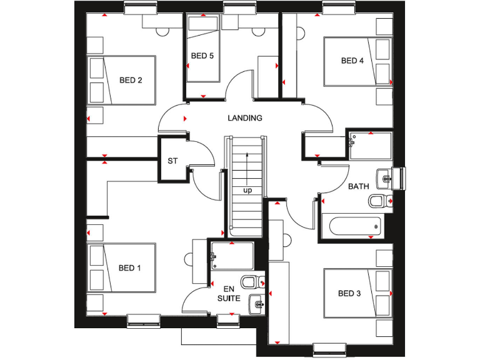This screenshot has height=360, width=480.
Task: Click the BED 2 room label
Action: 131,80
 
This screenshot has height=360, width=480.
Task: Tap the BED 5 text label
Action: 202,56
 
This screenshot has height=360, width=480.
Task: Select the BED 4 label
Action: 352,61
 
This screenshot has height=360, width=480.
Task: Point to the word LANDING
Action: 245,117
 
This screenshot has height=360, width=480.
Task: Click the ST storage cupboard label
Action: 172,161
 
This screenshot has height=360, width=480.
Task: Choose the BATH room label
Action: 359,186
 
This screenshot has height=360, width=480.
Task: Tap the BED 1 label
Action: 130,268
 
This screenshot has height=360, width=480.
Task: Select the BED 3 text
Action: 349,293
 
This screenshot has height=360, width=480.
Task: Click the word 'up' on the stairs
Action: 247,191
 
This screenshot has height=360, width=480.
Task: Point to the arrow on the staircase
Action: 248,166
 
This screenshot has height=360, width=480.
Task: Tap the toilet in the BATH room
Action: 378,201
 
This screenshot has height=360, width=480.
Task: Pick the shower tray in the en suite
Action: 232,256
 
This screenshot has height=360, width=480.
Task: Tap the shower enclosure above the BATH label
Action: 370,146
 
